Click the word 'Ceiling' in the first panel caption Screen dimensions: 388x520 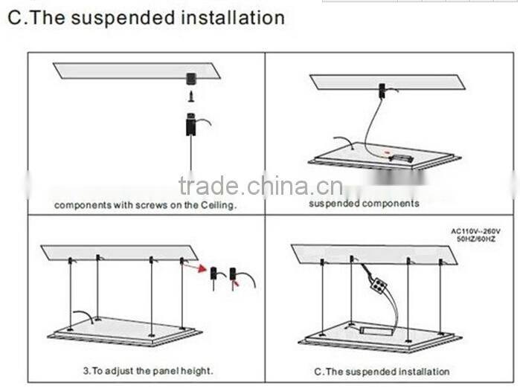coord(215,205)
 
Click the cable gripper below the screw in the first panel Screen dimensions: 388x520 coord(190,123)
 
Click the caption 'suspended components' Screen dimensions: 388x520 coord(364,203)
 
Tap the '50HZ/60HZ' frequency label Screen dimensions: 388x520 coord(477,239)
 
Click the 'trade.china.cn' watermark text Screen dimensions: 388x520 coord(260,186)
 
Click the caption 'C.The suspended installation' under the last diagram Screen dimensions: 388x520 coord(382,371)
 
